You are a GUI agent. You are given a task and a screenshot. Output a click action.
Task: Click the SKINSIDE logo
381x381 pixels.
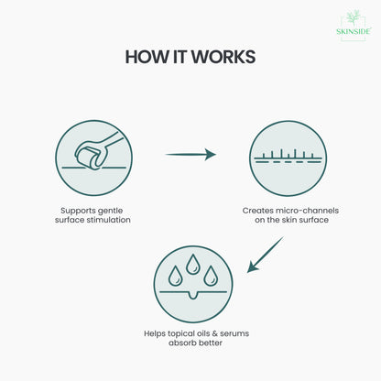354,26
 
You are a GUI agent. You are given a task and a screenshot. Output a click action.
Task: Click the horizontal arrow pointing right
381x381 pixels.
190,155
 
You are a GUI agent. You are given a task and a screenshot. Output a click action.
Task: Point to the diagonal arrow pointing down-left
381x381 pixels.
265,255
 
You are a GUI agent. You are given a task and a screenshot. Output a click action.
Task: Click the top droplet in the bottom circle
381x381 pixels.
193,264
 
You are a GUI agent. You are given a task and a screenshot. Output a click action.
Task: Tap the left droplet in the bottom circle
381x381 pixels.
175,276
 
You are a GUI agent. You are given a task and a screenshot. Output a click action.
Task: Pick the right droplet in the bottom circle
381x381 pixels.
211,276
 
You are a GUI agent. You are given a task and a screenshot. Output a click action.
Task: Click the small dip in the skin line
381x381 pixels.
192,295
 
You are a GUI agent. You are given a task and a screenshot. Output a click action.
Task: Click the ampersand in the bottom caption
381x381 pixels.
214,333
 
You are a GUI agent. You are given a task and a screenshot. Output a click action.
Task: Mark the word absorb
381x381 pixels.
182,343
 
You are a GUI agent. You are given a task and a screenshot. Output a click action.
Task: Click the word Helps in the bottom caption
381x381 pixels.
155,333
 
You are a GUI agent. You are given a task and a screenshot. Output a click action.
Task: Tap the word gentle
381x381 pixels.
112,211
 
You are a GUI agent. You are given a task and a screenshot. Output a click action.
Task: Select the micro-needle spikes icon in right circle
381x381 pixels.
288,156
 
